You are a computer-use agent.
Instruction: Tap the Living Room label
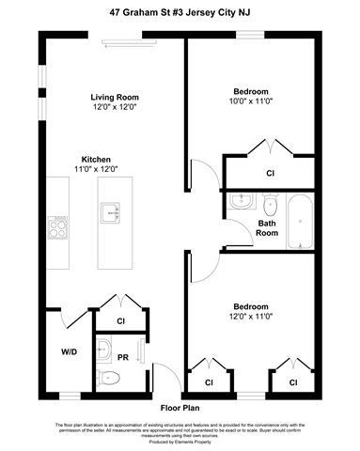[115, 96]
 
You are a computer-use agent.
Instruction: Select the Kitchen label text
[97, 158]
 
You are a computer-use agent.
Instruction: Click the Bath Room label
[267, 228]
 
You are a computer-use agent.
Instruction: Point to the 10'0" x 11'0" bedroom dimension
[251, 101]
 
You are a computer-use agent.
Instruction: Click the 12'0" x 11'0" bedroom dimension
[251, 317]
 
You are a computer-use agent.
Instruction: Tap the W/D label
[70, 353]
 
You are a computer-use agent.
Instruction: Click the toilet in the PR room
[109, 379]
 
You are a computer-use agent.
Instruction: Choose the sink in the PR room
[106, 352]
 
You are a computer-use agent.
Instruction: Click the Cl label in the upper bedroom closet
[270, 173]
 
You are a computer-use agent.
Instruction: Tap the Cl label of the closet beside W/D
[121, 320]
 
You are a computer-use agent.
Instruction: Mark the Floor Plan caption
[180, 408]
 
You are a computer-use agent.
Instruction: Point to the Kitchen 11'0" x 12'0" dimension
[97, 168]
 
